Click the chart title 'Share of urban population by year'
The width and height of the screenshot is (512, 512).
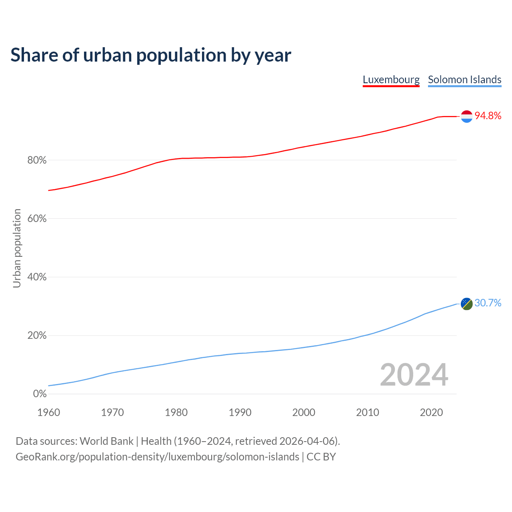(x=151, y=55)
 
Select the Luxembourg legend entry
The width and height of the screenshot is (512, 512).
(x=391, y=80)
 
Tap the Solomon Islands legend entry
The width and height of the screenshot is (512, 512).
(x=464, y=80)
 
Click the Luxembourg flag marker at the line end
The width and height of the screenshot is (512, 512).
(x=467, y=116)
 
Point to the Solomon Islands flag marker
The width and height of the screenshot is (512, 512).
(x=467, y=304)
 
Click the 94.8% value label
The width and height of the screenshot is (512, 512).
(x=488, y=116)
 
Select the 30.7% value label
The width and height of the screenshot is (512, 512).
(x=488, y=303)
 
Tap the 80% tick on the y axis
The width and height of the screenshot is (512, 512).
(x=37, y=160)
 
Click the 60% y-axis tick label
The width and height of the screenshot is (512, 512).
(x=37, y=219)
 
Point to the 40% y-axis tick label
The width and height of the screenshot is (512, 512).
(x=37, y=277)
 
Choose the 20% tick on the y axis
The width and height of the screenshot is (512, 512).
(x=37, y=336)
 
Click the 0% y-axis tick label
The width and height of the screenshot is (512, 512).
(x=40, y=394)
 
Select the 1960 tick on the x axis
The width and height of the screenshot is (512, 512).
(x=49, y=412)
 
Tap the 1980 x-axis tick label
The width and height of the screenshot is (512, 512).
(x=176, y=412)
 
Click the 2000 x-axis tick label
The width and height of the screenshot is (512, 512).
(x=304, y=412)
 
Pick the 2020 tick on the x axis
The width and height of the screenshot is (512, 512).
(x=431, y=412)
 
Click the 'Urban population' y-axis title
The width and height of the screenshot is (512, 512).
(x=17, y=248)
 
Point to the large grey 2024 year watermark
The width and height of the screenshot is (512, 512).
(x=414, y=375)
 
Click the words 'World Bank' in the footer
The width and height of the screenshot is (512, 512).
(x=106, y=441)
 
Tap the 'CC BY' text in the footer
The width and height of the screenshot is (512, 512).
(x=321, y=457)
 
